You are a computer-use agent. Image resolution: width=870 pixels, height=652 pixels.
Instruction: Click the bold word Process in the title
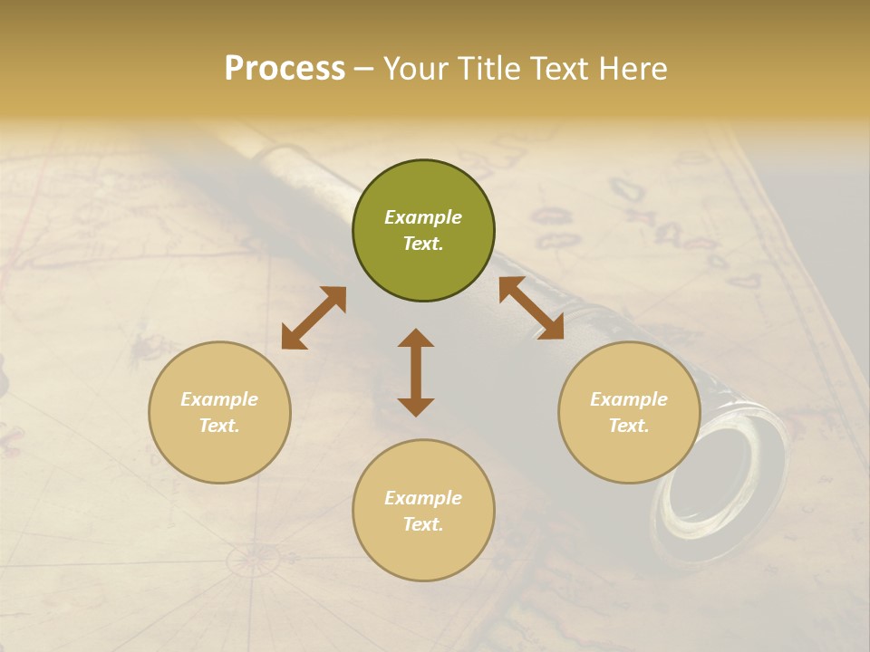point(285,69)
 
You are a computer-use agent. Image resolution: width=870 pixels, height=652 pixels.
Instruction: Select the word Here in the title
point(633,69)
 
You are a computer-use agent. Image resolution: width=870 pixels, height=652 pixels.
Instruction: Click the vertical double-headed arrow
point(416,372)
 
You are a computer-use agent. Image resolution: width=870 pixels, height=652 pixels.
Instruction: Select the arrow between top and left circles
point(314,318)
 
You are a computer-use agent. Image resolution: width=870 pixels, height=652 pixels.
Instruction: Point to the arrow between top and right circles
point(531,308)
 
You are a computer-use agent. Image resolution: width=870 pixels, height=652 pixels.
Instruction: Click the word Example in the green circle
point(423,217)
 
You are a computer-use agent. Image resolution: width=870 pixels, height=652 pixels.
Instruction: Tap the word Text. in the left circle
point(219,426)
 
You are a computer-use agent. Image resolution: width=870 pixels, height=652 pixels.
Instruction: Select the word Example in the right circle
point(628,399)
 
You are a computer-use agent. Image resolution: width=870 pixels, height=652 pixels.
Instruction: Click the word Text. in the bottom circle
point(423,524)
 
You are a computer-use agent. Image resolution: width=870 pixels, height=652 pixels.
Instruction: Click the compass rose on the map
point(251,561)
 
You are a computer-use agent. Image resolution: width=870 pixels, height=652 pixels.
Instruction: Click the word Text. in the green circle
point(423,244)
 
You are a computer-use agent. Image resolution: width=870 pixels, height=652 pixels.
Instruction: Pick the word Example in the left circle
point(219,399)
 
